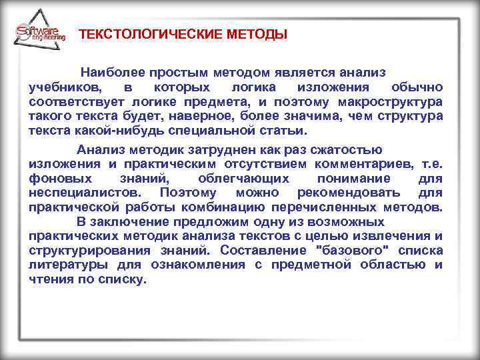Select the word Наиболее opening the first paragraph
pyautogui.click(x=109, y=72)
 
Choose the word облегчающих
pyautogui.click(x=243, y=179)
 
